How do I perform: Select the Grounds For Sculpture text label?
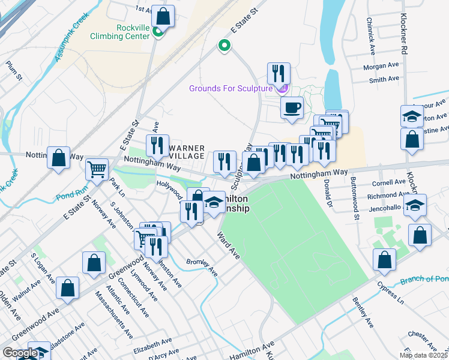tap(231, 88)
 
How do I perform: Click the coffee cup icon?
tap(292, 108)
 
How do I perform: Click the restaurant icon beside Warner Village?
tap(157, 146)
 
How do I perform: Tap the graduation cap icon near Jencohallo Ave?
tap(415, 205)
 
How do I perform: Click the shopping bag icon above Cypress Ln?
tap(384, 260)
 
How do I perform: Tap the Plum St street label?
tap(13, 70)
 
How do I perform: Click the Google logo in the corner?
tap(19, 353)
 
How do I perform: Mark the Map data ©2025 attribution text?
tap(423, 355)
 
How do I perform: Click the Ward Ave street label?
tap(229, 246)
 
